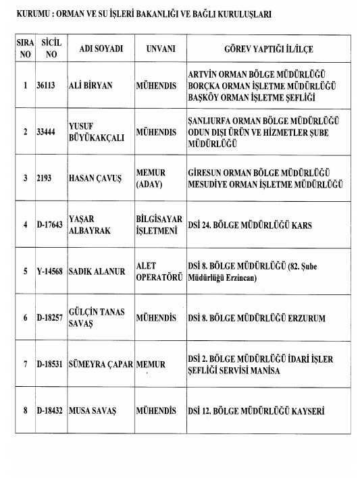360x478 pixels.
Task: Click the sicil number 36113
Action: (x=47, y=86)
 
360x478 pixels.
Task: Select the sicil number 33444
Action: (x=47, y=132)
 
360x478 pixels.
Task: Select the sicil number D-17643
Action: (x=50, y=225)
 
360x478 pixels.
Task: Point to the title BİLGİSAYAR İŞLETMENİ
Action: (x=159, y=225)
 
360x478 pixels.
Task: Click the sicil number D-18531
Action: (x=50, y=365)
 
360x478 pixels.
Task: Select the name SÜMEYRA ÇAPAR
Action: (x=101, y=365)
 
